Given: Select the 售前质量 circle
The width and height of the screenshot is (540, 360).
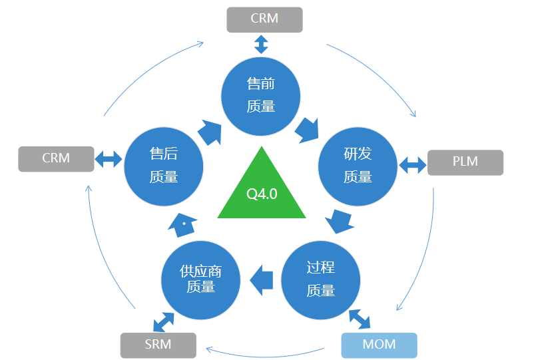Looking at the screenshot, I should pos(261,94).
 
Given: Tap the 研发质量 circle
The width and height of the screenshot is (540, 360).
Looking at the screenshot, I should pos(358,166).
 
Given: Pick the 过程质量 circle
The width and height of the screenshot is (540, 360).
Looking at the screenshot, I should pos(320,278).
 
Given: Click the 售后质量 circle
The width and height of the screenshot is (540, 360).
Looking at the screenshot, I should pos(163,166).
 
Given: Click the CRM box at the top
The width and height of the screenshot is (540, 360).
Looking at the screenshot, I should pos(264,19).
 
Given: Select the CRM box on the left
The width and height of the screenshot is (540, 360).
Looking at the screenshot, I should pos(56,158).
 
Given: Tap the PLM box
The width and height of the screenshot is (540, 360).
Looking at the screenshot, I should pos(465,162).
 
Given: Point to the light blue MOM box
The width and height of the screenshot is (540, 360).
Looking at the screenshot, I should pos(379,345).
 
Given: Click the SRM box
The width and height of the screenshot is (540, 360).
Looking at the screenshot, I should pos(158,345).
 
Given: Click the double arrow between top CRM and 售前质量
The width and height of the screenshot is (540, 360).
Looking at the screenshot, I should pos(261,45).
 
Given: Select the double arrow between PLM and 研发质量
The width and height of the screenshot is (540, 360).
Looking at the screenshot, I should pos(412,164).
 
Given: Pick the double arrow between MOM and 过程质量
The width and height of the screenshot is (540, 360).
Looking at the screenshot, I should pos(360,319).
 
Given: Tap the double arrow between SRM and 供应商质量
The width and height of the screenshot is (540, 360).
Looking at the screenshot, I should pos(163,321).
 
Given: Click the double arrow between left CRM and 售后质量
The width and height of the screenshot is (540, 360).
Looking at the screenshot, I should pos(109,159).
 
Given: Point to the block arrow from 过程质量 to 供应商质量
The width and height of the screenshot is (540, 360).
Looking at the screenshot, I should pos(262,278).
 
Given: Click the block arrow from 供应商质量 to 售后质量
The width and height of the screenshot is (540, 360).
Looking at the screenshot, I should pos(182,226).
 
